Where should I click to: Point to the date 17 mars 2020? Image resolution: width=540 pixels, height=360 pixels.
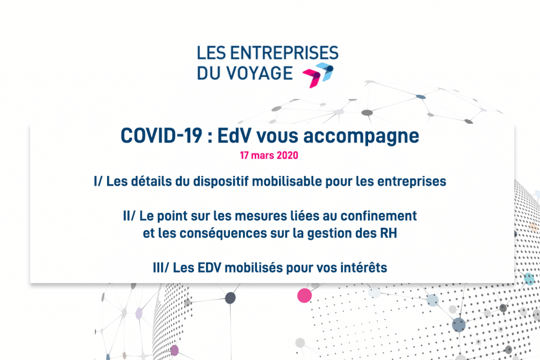[269, 156]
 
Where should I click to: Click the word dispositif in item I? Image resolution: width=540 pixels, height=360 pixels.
[224, 182]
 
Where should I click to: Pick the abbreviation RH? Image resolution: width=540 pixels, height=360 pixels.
[388, 235]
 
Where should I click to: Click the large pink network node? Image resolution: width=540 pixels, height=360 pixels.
[304, 295]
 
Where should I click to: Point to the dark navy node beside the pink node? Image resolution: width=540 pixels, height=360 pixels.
[230, 298]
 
